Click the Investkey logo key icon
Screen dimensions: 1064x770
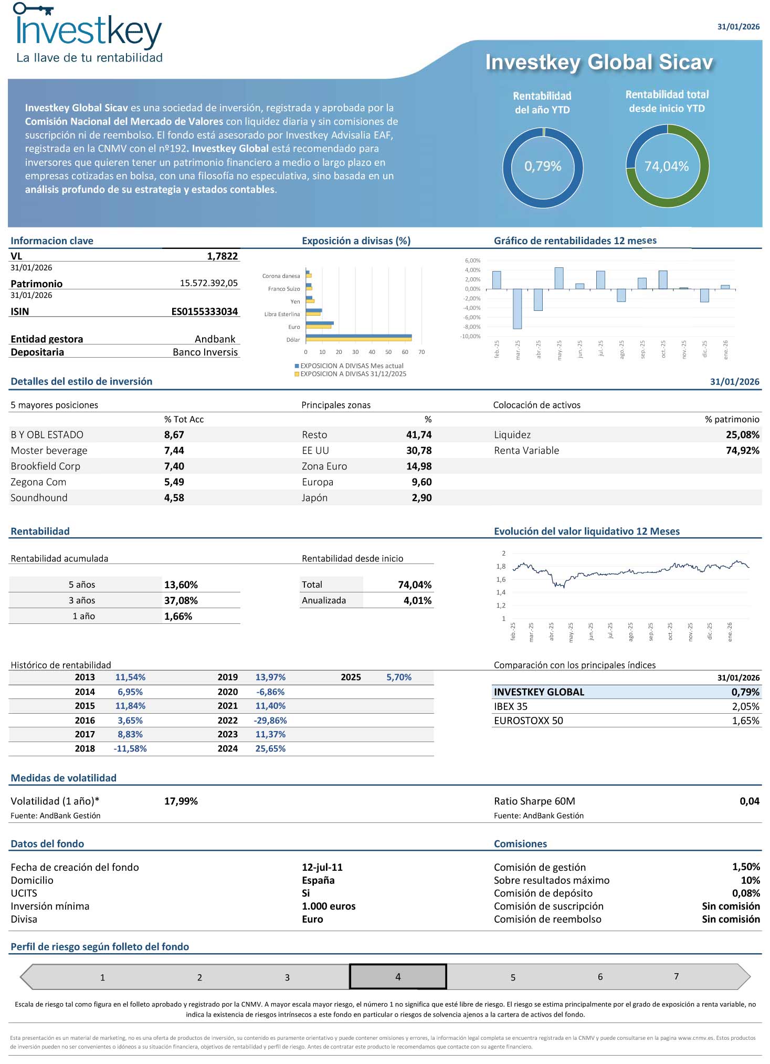coord(33,9)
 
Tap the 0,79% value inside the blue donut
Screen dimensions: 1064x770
coord(543,166)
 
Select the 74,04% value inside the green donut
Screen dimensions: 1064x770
coord(667,166)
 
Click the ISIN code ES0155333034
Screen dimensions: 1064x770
coord(205,311)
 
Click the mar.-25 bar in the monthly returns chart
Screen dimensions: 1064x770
coord(517,309)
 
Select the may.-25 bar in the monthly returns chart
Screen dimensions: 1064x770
coord(559,278)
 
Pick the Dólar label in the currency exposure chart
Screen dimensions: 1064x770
coord(293,340)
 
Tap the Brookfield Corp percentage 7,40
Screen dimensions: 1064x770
coord(174,466)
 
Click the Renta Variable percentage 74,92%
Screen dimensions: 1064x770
coord(742,451)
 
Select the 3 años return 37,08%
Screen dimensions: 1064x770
coord(181,600)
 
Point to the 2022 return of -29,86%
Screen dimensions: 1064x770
coord(270,721)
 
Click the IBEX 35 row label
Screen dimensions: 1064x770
coord(511,707)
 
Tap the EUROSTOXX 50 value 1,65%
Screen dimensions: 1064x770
coord(745,721)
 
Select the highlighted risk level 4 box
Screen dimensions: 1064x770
coord(398,977)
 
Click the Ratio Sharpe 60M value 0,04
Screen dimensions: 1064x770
coord(750,801)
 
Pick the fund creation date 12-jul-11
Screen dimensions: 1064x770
coord(322,868)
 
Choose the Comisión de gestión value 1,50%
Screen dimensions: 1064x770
coord(746,867)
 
